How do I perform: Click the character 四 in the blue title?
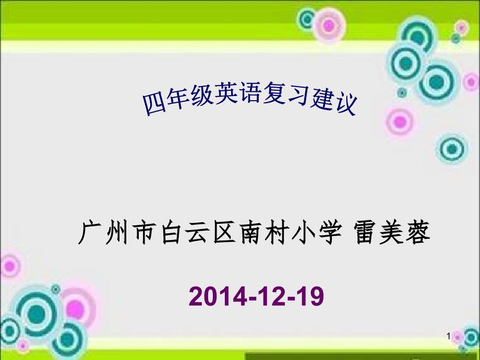point(154,104)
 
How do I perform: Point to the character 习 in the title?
point(298,94)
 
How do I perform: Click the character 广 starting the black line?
point(89,232)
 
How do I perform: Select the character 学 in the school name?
point(330,232)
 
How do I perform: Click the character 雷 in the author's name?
point(366,232)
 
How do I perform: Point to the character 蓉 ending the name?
point(418,232)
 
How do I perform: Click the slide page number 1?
point(449,337)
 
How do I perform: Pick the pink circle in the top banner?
point(329,26)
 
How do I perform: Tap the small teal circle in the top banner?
point(307,19)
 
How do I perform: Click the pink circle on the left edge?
point(10,266)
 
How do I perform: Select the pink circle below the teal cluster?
point(400,122)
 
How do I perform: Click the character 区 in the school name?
point(225,232)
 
